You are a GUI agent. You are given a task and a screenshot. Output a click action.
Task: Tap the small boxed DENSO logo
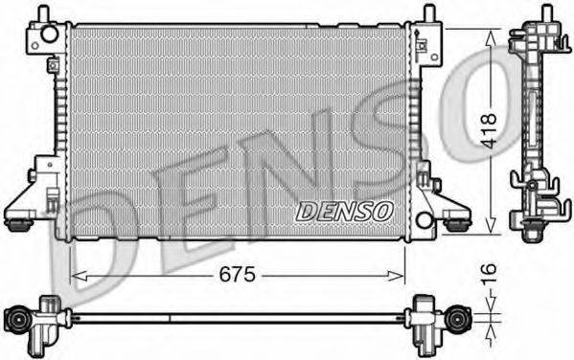[x=342, y=211]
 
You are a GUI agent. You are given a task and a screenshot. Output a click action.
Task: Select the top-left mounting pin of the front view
[x=44, y=13]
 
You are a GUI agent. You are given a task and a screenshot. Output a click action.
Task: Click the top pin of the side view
[x=546, y=13]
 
